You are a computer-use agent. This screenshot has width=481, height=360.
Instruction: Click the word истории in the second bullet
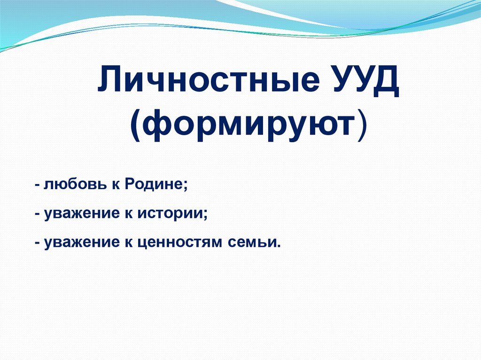coord(173,214)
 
